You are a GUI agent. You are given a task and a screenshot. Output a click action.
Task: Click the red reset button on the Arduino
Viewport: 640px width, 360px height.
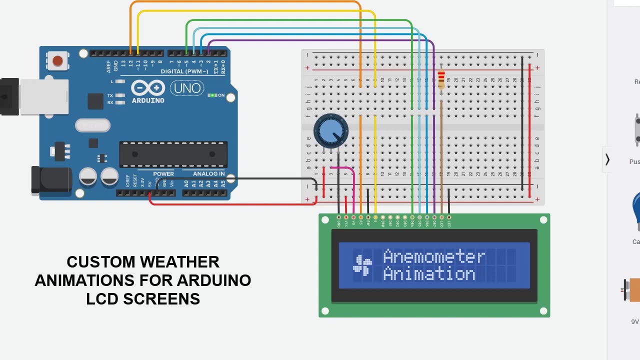pyautogui.click(x=57, y=61)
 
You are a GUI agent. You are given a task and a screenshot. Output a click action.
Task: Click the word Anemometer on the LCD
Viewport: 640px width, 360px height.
pyautogui.click(x=433, y=257)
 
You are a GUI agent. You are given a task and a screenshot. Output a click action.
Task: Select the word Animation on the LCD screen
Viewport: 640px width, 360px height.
pyautogui.click(x=428, y=274)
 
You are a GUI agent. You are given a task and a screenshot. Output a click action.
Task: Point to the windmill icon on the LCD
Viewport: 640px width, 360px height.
pyautogui.click(x=362, y=265)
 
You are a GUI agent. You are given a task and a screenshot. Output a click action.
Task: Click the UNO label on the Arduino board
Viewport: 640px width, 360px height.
pyautogui.click(x=187, y=89)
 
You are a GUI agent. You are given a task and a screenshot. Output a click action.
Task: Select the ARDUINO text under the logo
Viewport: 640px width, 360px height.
pyautogui.click(x=148, y=100)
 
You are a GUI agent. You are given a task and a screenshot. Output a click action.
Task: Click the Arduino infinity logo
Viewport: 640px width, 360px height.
pyautogui.click(x=148, y=88)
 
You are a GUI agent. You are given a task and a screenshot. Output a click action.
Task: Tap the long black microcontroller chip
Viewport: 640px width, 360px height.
pyautogui.click(x=173, y=154)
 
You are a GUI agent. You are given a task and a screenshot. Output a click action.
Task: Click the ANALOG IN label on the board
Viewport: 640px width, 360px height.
pyautogui.click(x=208, y=174)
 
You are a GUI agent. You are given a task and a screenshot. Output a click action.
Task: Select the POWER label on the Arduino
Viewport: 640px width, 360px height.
pyautogui.click(x=163, y=174)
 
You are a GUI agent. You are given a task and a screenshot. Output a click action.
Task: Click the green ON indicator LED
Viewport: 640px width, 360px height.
pyautogui.click(x=212, y=95)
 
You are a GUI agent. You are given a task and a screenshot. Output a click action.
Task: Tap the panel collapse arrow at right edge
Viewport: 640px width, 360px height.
pyautogui.click(x=607, y=159)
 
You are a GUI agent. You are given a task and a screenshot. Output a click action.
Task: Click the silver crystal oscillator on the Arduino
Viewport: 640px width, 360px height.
pyautogui.click(x=92, y=125)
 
